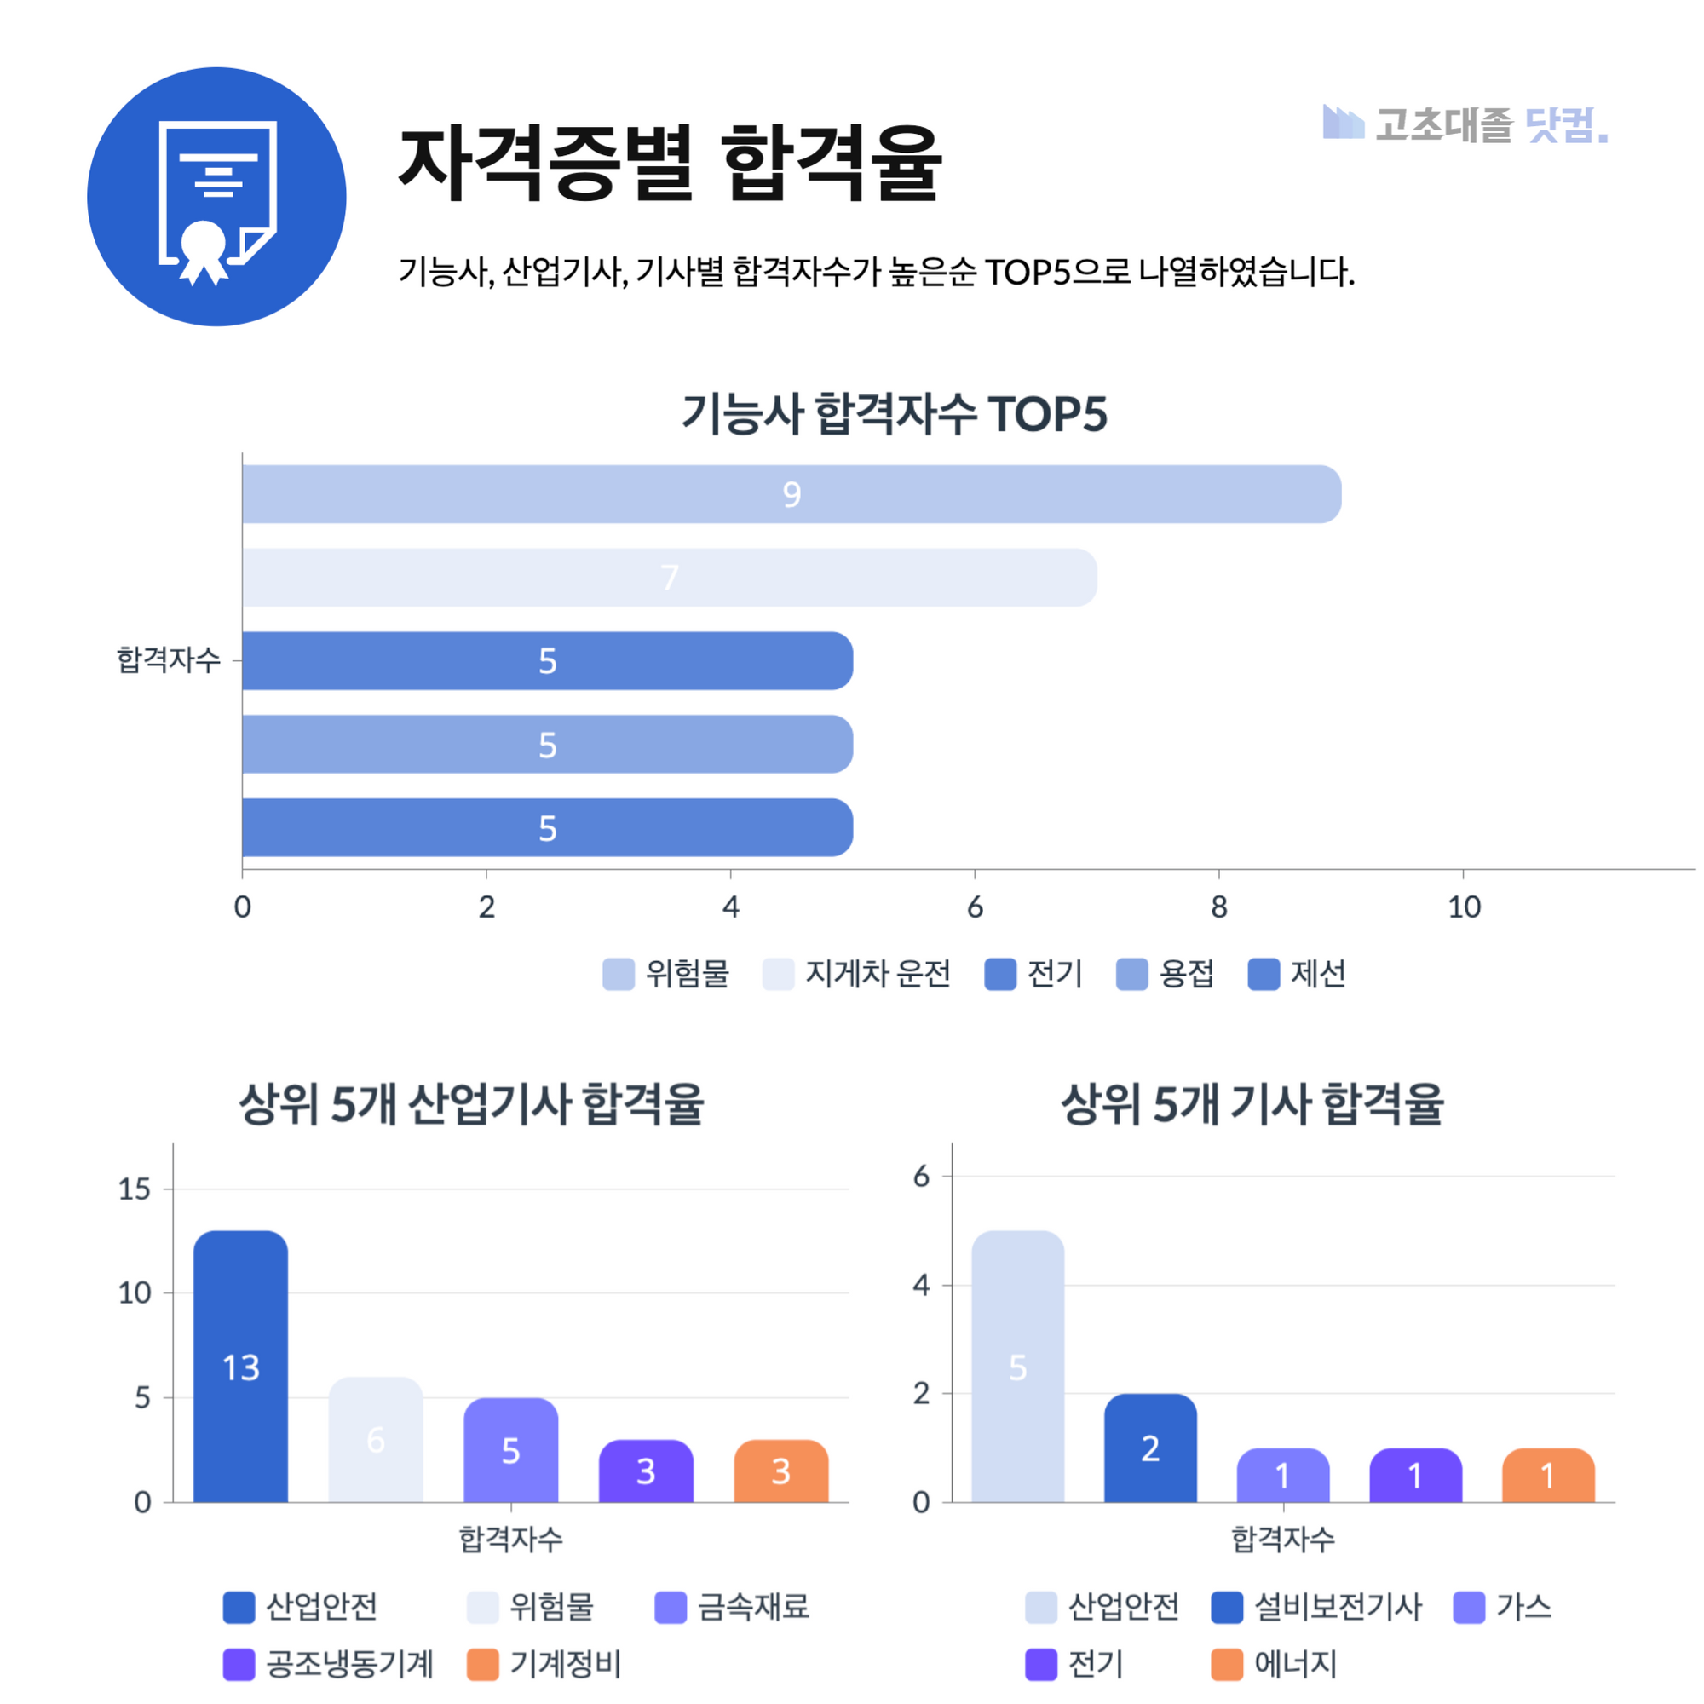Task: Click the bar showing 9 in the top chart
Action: [792, 494]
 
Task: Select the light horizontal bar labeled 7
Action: [670, 578]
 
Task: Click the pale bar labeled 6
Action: [376, 1439]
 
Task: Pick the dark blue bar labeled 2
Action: [1150, 1448]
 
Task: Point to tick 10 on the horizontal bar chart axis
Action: [1464, 907]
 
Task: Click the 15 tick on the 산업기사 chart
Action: [135, 1189]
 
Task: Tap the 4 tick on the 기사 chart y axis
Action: [921, 1285]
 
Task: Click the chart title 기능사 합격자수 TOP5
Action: [894, 414]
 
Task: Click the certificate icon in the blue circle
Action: [217, 197]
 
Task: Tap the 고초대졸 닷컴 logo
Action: [1465, 124]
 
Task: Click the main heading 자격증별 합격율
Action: [671, 164]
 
